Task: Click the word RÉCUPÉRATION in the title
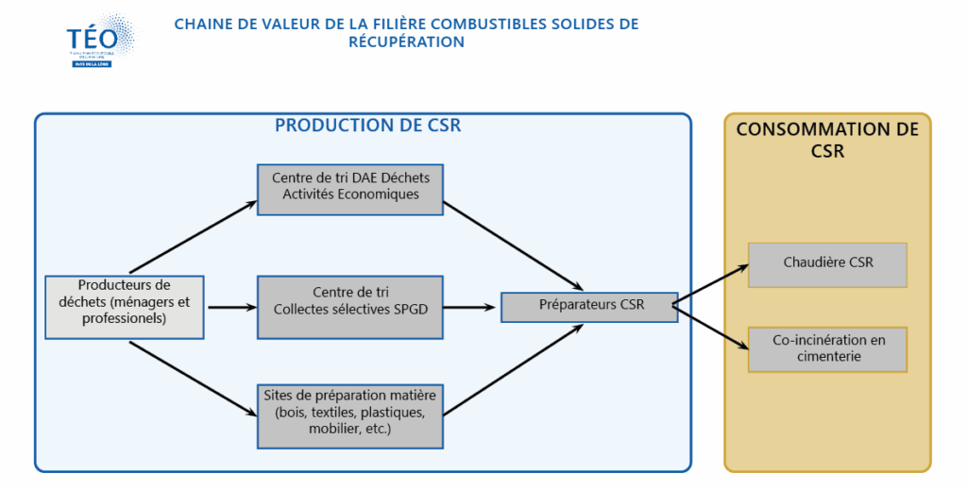(406, 42)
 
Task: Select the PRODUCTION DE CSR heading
(367, 125)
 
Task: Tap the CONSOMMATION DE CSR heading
(827, 140)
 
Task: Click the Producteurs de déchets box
(125, 306)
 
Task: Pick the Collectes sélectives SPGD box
(349, 307)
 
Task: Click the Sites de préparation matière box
(349, 415)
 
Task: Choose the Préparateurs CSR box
(589, 307)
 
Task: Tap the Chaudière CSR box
(827, 264)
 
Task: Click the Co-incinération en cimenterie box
(827, 348)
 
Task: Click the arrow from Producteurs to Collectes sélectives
(231, 307)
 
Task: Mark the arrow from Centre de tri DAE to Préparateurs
(515, 245)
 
